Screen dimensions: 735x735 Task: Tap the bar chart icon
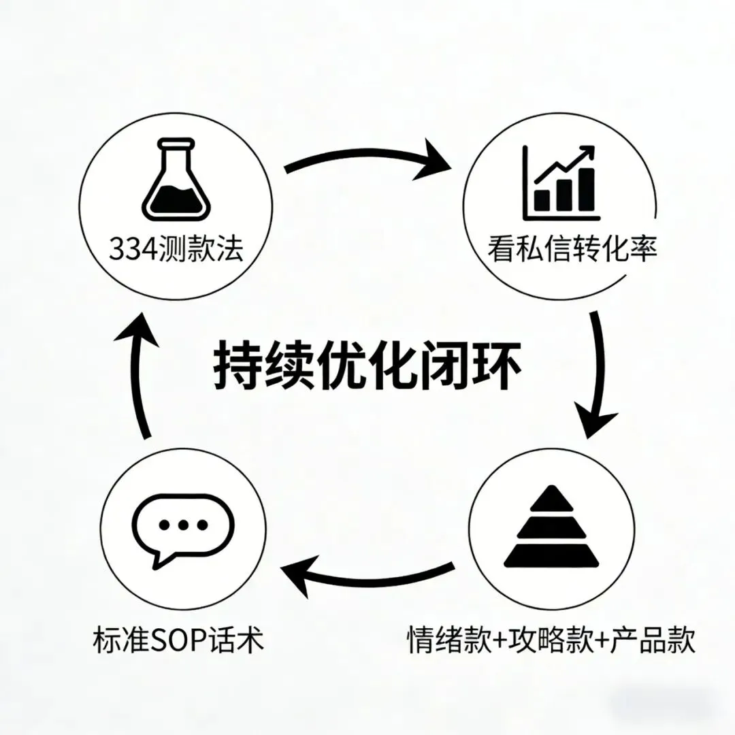[561, 182]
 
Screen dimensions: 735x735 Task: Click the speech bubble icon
[182, 528]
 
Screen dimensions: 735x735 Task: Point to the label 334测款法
[176, 250]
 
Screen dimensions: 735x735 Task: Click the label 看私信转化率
[572, 250]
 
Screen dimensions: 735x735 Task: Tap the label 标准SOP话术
[177, 640]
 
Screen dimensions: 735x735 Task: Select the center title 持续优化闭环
[368, 368]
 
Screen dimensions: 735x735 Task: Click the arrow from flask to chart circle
[367, 160]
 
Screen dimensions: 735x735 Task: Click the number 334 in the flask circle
[132, 250]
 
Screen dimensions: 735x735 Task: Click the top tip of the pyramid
[552, 491]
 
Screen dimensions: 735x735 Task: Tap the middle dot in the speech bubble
[182, 525]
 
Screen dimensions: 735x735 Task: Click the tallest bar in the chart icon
[585, 189]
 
